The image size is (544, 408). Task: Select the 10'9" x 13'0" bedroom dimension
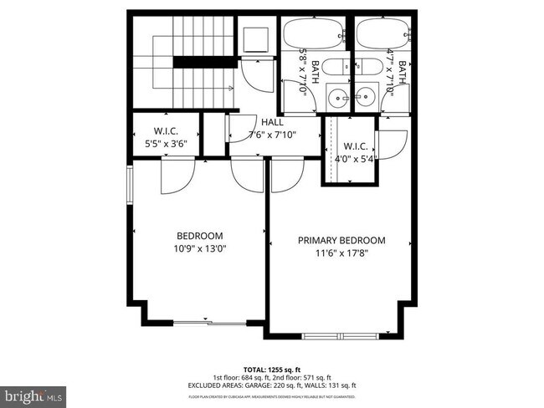click(199, 248)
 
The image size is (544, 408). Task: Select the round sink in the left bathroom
click(339, 98)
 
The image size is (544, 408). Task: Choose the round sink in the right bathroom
click(365, 98)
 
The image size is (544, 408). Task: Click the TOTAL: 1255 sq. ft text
click(272, 369)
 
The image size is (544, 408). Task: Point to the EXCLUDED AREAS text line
click(272, 385)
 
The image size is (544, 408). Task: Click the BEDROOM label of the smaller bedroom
click(199, 236)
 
